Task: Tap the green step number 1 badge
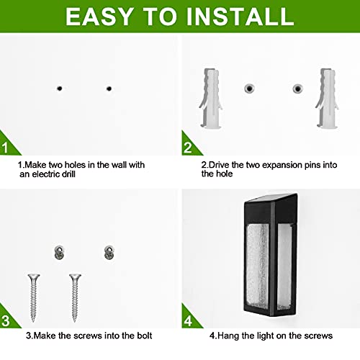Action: [x=7, y=149]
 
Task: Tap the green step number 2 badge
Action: [x=189, y=149]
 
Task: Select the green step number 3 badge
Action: [x=7, y=319]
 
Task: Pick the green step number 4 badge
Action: [x=189, y=319]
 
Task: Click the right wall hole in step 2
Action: [x=297, y=89]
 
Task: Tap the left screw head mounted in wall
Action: [x=60, y=252]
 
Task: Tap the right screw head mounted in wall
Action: [x=109, y=252]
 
